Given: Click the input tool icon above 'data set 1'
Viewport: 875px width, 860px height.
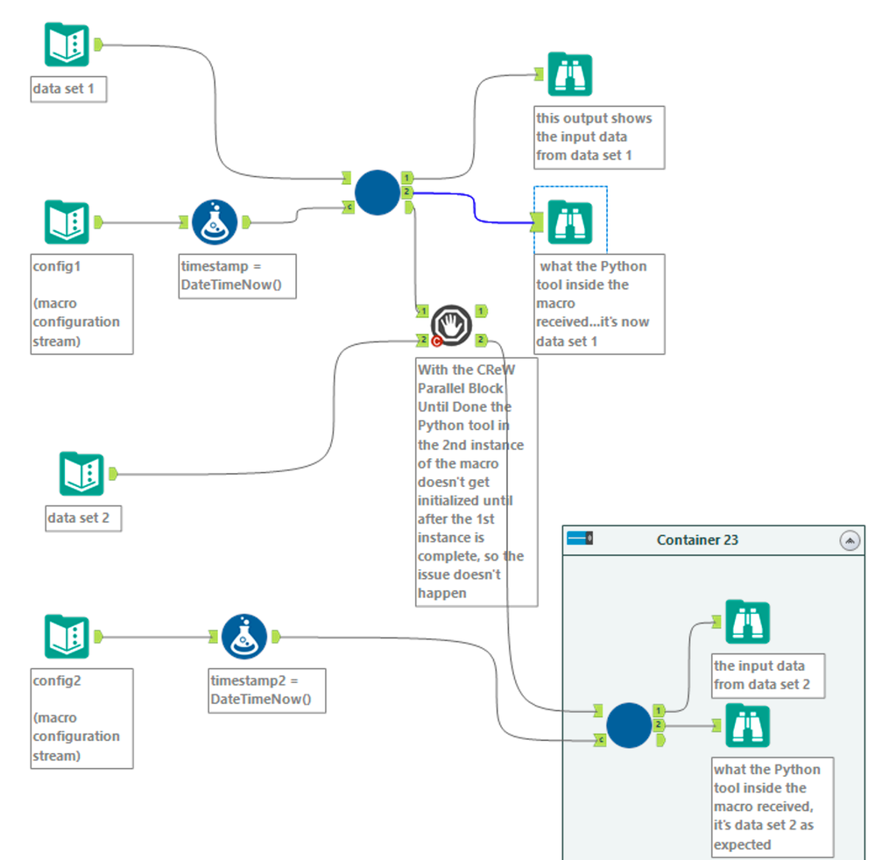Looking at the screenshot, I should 67,45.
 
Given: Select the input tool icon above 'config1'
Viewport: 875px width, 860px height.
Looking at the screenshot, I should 67,222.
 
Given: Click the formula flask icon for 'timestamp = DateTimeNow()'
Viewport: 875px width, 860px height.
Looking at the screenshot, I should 214,222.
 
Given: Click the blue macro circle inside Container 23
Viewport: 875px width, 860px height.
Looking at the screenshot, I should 629,725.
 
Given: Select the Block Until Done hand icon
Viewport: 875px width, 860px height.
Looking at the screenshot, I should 451,326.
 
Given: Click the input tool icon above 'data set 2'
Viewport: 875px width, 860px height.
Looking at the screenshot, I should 81,475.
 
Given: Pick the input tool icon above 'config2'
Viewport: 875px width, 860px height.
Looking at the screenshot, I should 67,637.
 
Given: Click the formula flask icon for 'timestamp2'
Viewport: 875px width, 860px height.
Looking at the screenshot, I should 243,637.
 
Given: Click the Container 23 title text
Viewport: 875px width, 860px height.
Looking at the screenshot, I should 697,540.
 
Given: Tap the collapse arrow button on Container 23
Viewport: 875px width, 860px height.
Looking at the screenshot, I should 850,540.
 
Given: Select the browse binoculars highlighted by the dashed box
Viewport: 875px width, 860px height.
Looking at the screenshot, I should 569,222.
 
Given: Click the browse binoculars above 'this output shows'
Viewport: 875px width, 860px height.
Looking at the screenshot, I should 569,74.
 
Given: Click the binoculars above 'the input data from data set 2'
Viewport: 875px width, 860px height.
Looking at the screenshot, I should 747,622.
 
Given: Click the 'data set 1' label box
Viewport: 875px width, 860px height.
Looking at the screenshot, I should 68,89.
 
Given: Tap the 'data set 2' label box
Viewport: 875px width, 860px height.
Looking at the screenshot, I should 83,518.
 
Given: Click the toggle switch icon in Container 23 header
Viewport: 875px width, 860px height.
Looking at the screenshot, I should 580,538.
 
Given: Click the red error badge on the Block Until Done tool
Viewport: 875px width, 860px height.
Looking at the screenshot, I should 436,342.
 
